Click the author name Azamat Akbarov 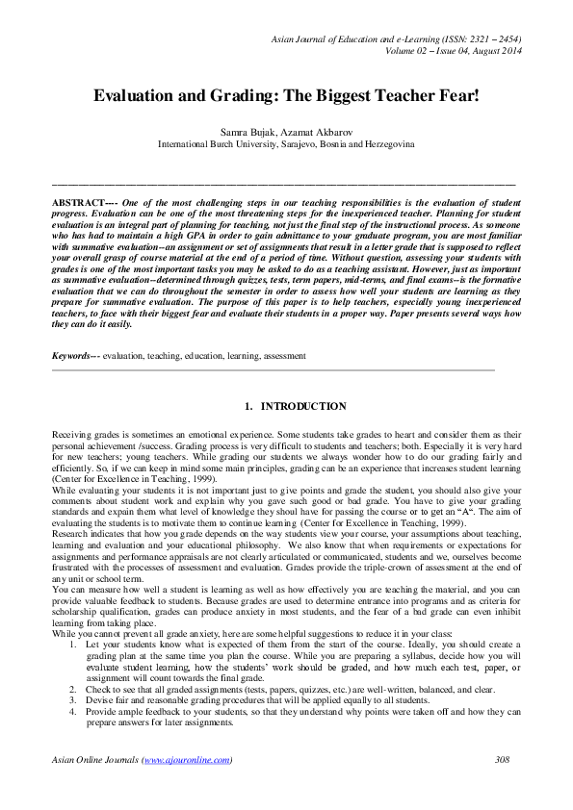pyautogui.click(x=319, y=129)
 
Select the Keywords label pyautogui.click(x=73, y=356)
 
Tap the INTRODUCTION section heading pyautogui.click(x=303, y=407)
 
